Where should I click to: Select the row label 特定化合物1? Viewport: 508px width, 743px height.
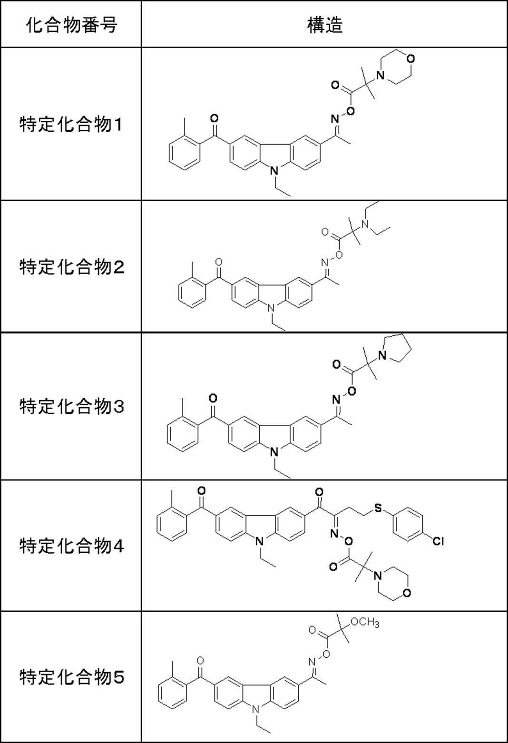click(x=71, y=125)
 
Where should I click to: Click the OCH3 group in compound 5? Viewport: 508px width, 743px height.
click(x=364, y=623)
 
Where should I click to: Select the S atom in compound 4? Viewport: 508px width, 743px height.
click(x=378, y=508)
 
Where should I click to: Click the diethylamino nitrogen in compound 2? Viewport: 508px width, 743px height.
click(x=365, y=224)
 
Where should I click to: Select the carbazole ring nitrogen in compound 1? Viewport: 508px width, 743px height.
click(x=274, y=170)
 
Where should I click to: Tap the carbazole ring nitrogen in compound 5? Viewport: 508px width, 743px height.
click(x=257, y=710)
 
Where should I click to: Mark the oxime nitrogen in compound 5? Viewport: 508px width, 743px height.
click(x=312, y=661)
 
